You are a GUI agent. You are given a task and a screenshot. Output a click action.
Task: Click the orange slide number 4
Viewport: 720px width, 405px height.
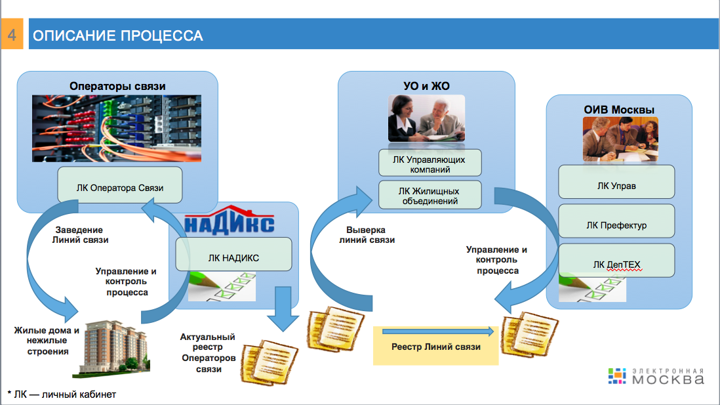pos(12,34)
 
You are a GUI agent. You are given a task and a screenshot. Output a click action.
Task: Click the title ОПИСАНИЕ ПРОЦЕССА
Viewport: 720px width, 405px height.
pos(117,35)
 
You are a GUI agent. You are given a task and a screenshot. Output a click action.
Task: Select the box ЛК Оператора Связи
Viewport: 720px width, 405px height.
pos(120,185)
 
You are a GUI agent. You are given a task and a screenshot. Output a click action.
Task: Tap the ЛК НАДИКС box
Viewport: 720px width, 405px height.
pos(233,254)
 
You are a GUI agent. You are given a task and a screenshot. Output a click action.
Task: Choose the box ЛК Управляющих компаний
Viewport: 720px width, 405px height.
pos(430,163)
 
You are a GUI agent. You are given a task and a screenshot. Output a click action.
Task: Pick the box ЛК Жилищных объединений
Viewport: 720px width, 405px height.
pos(430,195)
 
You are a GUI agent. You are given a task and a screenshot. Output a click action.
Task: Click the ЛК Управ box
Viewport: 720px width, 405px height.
pos(616,182)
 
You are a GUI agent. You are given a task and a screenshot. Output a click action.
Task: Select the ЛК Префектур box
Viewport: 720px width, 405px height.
pos(616,221)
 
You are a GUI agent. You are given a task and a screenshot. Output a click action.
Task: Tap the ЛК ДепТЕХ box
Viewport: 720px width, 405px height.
pos(616,261)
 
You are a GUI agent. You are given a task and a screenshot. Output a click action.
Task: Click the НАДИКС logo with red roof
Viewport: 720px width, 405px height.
pos(229,220)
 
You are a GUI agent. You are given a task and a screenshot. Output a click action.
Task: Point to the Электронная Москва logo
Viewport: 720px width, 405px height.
pos(656,376)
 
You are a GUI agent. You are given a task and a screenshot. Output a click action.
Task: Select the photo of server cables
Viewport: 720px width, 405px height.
pos(117,128)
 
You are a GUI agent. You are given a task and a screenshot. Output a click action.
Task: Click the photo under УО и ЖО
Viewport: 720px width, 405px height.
pos(427,118)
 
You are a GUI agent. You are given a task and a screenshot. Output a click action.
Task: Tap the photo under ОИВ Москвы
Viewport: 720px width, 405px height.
pos(620,139)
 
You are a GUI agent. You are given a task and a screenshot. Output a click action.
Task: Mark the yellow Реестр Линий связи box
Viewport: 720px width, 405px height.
pos(436,345)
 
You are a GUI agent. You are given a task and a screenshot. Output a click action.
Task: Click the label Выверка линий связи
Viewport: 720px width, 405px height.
pos(367,234)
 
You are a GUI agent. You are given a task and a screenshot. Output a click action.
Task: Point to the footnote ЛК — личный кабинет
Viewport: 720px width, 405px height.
pos(62,394)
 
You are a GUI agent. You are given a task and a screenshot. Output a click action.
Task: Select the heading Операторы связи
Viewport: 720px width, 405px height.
pos(117,86)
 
